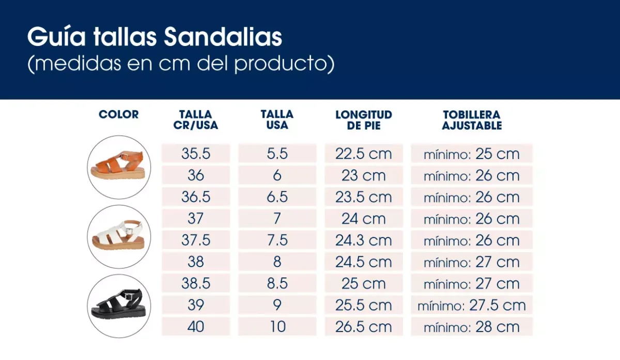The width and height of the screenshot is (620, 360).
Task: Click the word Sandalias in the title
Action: point(223,37)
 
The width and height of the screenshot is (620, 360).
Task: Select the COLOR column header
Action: point(119,115)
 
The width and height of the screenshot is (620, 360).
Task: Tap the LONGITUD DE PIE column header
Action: point(364,120)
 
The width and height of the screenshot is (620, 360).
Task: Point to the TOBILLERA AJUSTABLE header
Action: point(472,120)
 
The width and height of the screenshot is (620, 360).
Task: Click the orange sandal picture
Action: point(119,167)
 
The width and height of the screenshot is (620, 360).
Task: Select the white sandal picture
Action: point(119,236)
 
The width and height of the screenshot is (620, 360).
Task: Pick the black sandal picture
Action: point(119,305)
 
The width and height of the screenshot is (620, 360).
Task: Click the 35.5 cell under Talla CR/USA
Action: point(196,153)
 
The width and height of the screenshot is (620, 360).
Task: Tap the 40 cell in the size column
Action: point(196,326)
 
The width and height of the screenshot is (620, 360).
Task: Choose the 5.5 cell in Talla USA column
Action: point(277,153)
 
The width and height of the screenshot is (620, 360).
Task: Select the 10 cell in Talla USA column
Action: point(277,326)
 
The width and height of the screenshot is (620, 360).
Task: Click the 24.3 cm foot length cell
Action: point(364,240)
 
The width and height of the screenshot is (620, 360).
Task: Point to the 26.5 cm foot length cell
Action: point(364,326)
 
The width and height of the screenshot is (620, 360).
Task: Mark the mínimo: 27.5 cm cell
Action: point(472,305)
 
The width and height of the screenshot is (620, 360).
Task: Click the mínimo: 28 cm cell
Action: point(472,326)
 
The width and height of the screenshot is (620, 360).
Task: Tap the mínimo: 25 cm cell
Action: point(472,154)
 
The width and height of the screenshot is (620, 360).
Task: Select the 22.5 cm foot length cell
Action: point(364,153)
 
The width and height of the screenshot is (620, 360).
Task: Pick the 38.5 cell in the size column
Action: point(196,284)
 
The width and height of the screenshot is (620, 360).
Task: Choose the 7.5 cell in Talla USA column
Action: point(277,240)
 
